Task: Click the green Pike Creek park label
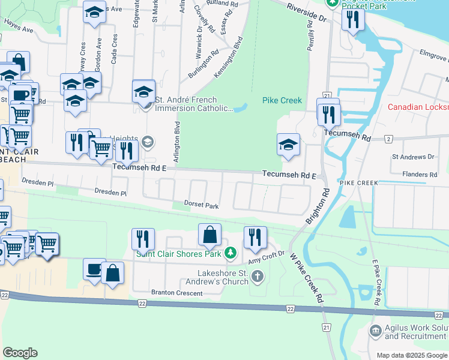(x=282, y=100)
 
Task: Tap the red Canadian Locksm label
(x=418, y=107)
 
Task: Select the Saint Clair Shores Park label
(x=179, y=253)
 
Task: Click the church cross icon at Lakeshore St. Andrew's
(x=257, y=277)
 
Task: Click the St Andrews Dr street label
(x=412, y=157)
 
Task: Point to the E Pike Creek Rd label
(x=376, y=281)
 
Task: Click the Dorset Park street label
(x=201, y=205)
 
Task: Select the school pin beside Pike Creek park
(x=288, y=145)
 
